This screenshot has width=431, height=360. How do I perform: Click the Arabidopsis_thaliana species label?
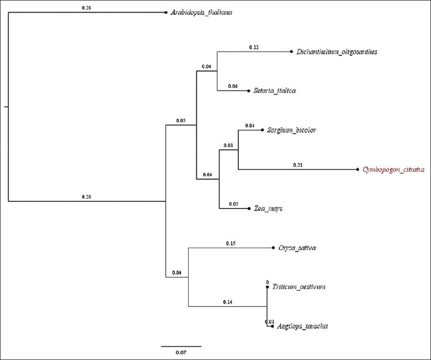tap(202, 13)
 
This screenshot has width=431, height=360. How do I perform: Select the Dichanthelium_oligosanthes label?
tap(336, 52)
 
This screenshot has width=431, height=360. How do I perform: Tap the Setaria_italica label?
tap(274, 91)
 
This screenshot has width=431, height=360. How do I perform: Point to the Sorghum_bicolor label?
tap(291, 130)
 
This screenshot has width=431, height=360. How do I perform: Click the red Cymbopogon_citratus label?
tap(393, 169)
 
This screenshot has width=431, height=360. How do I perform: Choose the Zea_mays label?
tap(268, 208)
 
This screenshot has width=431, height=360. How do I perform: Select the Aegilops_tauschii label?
tap(299, 326)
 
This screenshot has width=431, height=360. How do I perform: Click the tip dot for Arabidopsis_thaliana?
tap(166, 13)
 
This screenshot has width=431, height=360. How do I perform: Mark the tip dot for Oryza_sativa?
tap(273, 248)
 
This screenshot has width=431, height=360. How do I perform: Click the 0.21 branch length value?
tap(297, 165)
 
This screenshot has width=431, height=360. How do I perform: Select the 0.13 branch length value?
tap(254, 47)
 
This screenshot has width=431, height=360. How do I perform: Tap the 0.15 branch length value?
tap(231, 243)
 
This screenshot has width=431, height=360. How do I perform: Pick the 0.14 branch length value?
tap(227, 302)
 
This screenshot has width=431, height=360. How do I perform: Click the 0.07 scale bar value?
tap(181, 352)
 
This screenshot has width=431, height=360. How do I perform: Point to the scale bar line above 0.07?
tap(181, 346)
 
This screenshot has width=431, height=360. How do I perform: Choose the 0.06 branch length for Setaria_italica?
tap(233, 86)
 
